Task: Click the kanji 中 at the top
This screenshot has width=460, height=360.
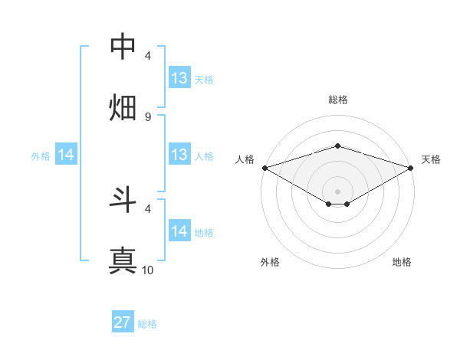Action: tap(123, 47)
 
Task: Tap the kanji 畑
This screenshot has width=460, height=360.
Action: tap(123, 107)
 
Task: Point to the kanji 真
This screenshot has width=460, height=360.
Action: tap(123, 260)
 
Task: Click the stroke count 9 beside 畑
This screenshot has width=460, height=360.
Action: tap(148, 116)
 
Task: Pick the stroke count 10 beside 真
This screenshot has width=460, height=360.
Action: tap(148, 270)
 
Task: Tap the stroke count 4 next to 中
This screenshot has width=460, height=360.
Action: tap(148, 56)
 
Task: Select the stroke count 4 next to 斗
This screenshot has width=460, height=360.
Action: tap(148, 208)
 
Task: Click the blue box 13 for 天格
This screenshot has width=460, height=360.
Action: tap(179, 78)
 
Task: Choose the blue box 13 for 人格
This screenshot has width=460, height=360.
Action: tap(179, 155)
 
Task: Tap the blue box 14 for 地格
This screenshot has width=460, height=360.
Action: tap(179, 231)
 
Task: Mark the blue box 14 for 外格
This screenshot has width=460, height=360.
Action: tap(66, 155)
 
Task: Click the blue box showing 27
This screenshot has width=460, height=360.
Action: tap(123, 322)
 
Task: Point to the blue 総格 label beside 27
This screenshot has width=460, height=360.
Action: tap(147, 324)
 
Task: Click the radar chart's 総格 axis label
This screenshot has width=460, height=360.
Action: tap(338, 100)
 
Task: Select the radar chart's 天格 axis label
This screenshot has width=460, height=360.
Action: tap(431, 159)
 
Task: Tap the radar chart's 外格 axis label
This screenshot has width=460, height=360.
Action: tap(270, 262)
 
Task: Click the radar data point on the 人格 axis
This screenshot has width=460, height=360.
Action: tap(264, 167)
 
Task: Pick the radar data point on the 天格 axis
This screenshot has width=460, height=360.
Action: tap(411, 167)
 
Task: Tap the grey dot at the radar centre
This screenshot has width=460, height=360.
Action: tap(338, 191)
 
